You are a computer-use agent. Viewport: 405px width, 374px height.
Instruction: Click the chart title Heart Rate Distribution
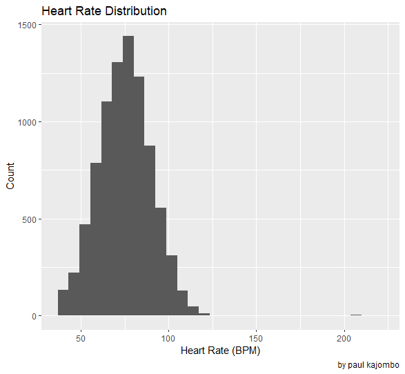(x=104, y=11)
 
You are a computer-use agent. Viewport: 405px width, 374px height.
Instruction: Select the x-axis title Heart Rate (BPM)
(x=220, y=351)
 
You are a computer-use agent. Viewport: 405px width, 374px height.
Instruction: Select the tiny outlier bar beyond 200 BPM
(x=356, y=315)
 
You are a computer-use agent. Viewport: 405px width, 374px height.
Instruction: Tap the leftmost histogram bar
(x=63, y=303)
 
